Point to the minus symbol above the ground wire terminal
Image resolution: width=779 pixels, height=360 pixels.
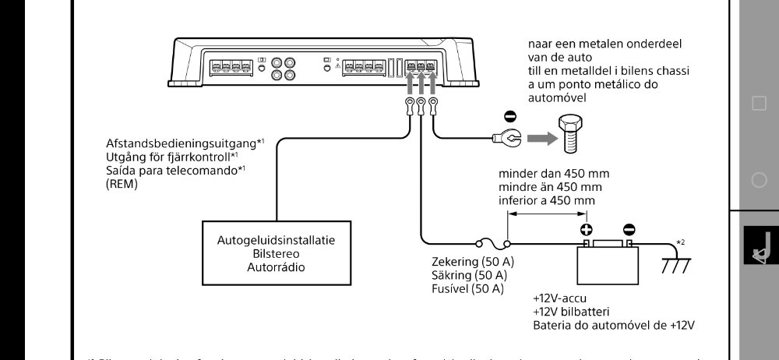pyautogui.click(x=510, y=117)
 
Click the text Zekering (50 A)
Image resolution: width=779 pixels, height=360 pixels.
pyautogui.click(x=473, y=261)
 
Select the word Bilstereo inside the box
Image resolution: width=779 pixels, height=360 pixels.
pyautogui.click(x=277, y=254)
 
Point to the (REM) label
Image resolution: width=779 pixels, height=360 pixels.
pyautogui.click(x=121, y=185)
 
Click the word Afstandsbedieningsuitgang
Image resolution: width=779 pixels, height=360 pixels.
pyautogui.click(x=181, y=144)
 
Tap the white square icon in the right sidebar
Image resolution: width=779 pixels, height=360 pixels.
pyautogui.click(x=759, y=104)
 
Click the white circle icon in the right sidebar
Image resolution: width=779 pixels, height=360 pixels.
pyautogui.click(x=759, y=180)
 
